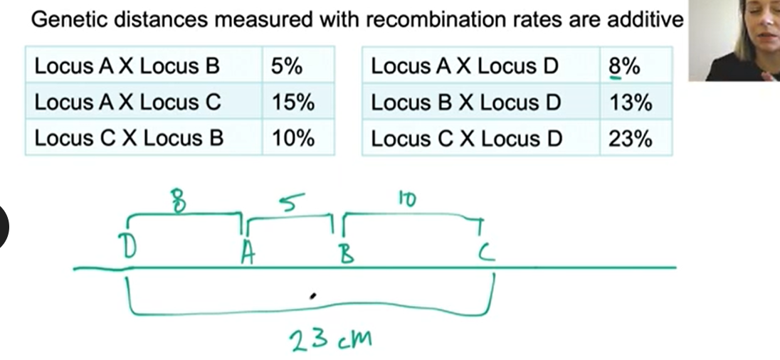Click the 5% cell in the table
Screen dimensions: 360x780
point(287,66)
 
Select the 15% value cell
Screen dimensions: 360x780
point(292,102)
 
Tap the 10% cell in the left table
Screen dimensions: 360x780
point(292,138)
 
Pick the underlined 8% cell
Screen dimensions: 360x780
point(624,66)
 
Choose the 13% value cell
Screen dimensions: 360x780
point(630,102)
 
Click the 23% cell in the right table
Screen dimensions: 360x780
point(630,138)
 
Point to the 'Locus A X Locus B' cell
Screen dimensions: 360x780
point(127,66)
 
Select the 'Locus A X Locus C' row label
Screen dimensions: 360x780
point(128,102)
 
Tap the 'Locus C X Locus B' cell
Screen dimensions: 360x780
point(129,138)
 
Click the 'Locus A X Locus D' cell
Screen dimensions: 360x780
point(465,66)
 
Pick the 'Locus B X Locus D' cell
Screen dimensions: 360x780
point(466,102)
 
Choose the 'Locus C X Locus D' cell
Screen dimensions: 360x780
point(466,138)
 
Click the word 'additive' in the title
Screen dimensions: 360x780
point(645,19)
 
